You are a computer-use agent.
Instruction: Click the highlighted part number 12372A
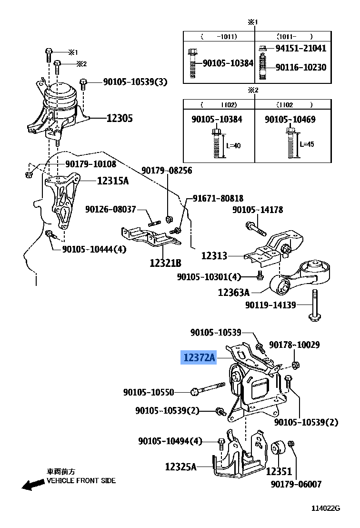click(x=199, y=357)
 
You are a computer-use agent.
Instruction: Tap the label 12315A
click(x=113, y=181)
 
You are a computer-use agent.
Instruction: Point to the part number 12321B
click(x=165, y=263)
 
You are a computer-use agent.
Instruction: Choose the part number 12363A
click(x=234, y=292)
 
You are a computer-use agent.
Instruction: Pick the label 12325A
click(x=181, y=467)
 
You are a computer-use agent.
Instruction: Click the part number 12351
click(x=279, y=471)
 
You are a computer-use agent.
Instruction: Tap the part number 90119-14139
click(x=270, y=305)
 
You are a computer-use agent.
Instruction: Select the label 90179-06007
click(x=296, y=484)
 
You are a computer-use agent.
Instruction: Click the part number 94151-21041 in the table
click(x=301, y=48)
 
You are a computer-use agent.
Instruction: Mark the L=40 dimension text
click(x=233, y=145)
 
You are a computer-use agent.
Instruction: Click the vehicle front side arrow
click(x=32, y=485)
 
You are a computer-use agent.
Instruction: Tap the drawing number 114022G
click(x=326, y=508)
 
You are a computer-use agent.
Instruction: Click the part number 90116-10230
click(x=301, y=68)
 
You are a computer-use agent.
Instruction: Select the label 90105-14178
click(x=258, y=210)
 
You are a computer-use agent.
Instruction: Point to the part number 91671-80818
click(x=218, y=198)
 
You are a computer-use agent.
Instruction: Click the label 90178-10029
click(x=294, y=345)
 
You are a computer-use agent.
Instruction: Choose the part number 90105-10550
click(x=149, y=392)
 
